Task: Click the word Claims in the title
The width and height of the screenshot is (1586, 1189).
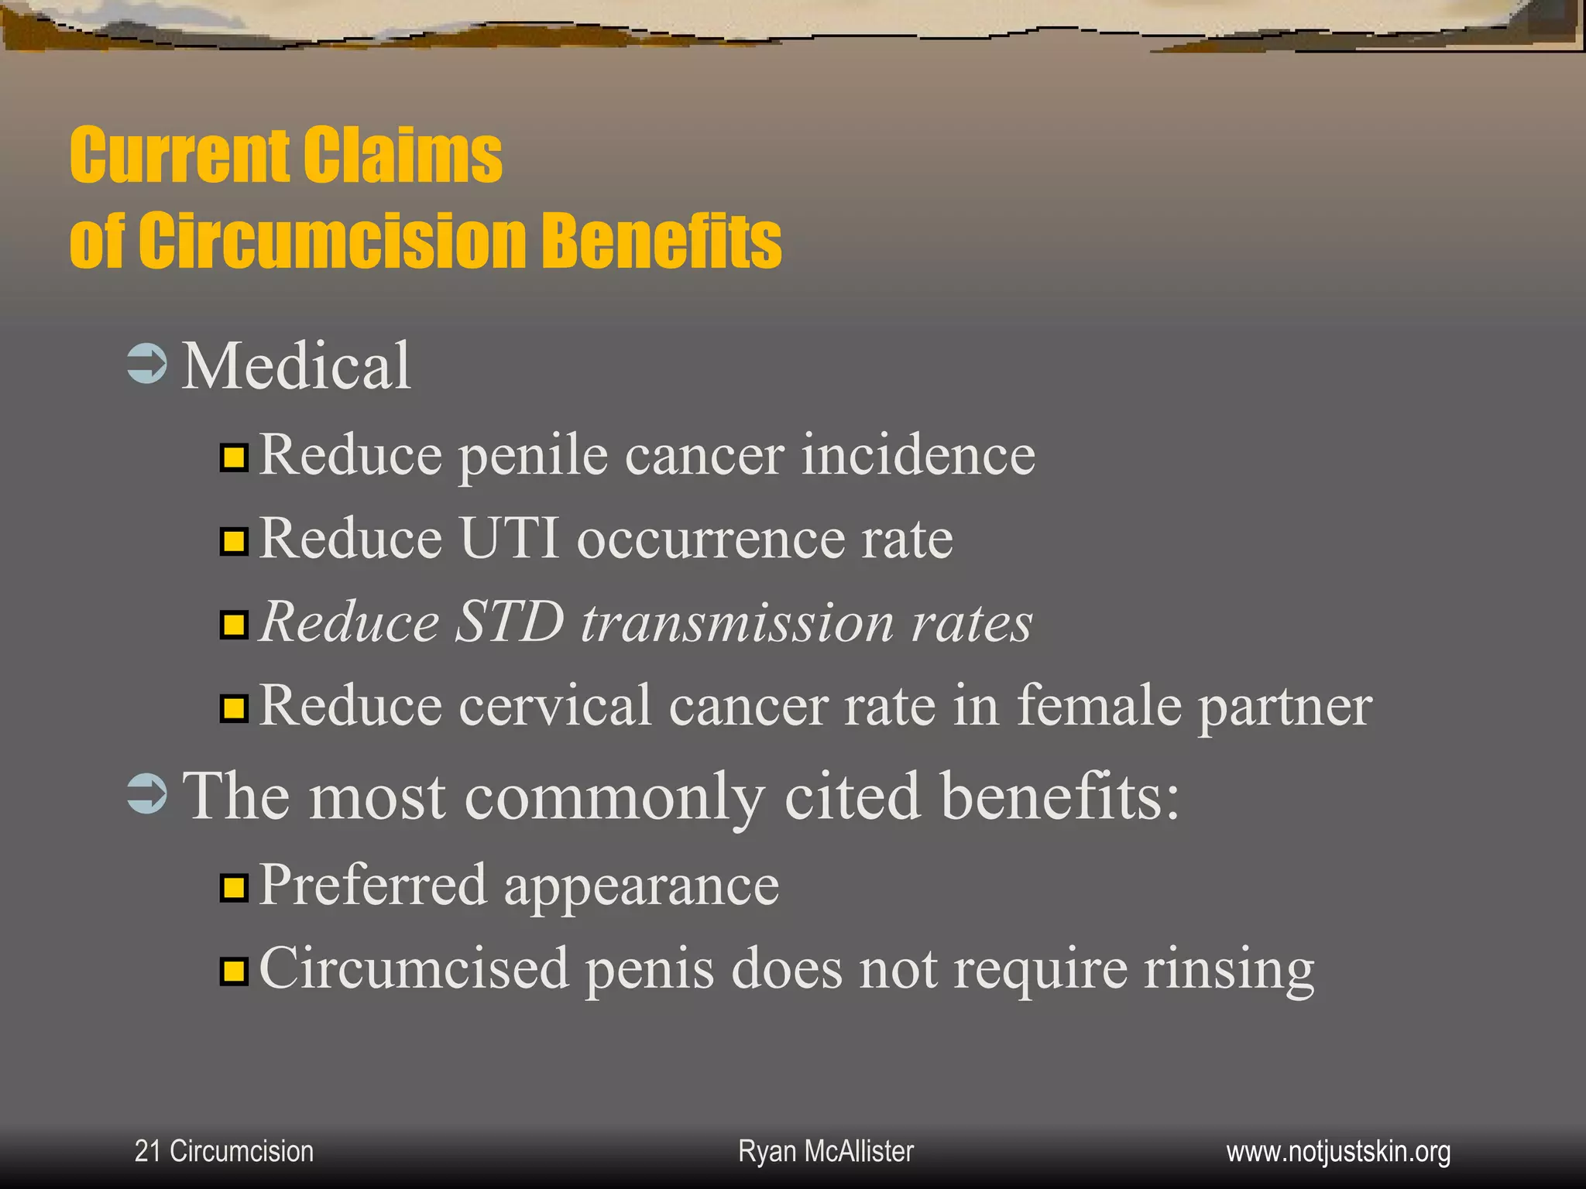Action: click(x=403, y=156)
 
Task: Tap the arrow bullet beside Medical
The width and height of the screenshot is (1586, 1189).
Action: click(x=146, y=365)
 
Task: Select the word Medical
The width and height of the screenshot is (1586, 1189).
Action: click(x=296, y=365)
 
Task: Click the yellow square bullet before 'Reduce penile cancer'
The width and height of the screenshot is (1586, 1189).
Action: click(x=233, y=457)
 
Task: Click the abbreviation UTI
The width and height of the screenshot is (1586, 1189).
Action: click(x=510, y=538)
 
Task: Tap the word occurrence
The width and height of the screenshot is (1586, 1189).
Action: click(x=710, y=540)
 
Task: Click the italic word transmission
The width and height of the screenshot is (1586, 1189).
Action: click(x=737, y=623)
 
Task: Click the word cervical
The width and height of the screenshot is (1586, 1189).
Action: click(x=555, y=706)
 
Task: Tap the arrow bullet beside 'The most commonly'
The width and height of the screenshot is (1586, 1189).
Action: click(x=146, y=794)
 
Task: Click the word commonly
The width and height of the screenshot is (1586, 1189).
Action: click(x=614, y=797)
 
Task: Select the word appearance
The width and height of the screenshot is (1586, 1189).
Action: click(x=641, y=886)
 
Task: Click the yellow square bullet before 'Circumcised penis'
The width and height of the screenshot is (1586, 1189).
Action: click(x=233, y=970)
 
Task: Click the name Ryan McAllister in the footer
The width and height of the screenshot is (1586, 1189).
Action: click(x=826, y=1151)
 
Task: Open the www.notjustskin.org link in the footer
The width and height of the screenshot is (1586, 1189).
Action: click(x=1338, y=1151)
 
